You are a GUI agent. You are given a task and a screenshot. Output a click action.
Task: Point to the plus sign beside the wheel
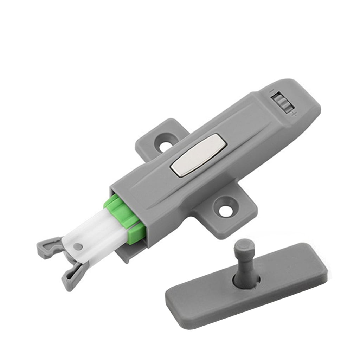(294, 113)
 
